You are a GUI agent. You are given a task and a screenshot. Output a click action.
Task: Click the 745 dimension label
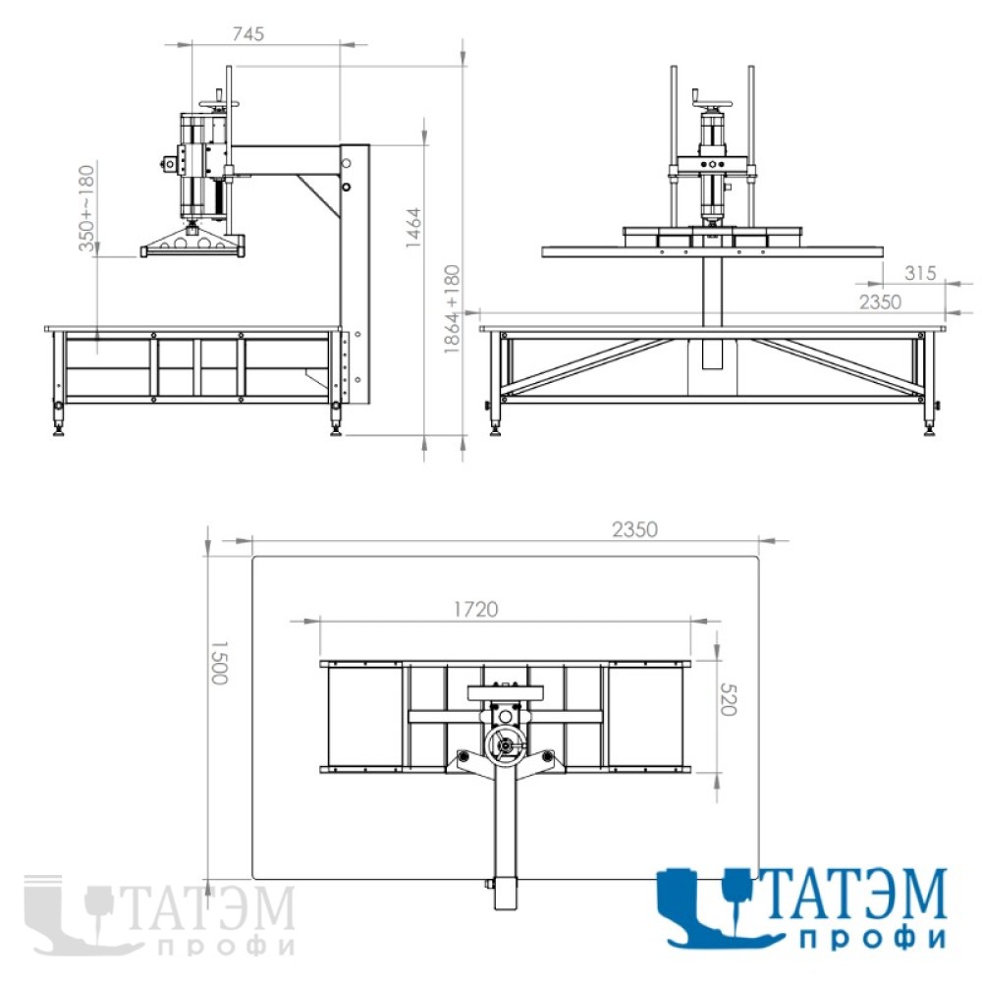(x=248, y=33)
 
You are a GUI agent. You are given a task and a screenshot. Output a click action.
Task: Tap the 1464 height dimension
(x=413, y=228)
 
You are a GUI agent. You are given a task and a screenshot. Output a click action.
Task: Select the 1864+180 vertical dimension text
(x=452, y=308)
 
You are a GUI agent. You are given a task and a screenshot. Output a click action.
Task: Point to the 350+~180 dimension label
(x=86, y=208)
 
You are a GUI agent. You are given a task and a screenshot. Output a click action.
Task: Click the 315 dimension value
(x=920, y=273)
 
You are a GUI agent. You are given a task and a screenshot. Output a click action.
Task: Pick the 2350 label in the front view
(x=880, y=301)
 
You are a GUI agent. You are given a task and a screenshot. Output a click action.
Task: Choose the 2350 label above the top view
(x=634, y=530)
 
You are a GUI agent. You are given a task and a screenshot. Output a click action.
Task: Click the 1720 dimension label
(x=476, y=609)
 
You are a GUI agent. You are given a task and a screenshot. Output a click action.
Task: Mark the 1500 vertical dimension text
(x=219, y=663)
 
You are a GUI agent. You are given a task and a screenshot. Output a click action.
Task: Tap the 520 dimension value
(x=728, y=699)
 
